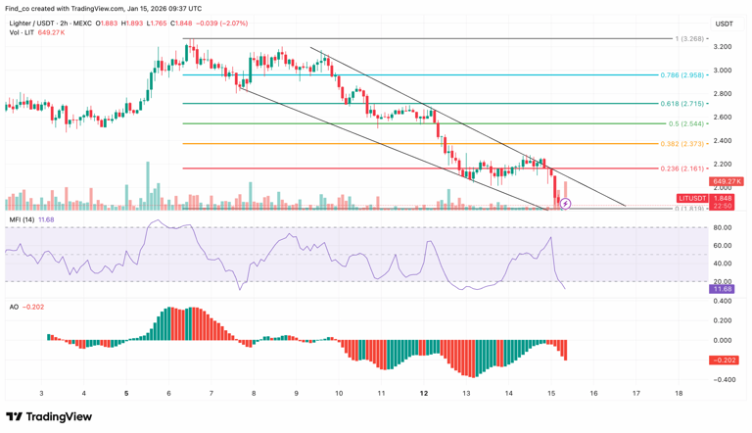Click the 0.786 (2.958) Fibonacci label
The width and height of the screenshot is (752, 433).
[x=682, y=74]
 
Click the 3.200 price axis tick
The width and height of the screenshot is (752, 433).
[x=723, y=47]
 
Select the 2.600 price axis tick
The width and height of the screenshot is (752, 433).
[x=723, y=117]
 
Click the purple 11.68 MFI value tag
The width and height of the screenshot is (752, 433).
[x=724, y=289]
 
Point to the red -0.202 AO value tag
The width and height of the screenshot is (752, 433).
[x=724, y=360]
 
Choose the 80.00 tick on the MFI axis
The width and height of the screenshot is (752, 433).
[x=724, y=227]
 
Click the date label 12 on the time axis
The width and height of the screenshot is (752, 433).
[x=424, y=393]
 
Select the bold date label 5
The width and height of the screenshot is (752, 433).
[x=126, y=393]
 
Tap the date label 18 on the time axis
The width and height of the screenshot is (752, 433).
[x=679, y=393]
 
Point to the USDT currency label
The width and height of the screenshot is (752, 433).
[x=724, y=24]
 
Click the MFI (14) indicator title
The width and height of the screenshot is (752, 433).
[x=23, y=219]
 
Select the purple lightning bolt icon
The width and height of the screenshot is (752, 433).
[x=566, y=204]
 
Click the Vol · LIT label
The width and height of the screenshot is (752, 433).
[x=22, y=32]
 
